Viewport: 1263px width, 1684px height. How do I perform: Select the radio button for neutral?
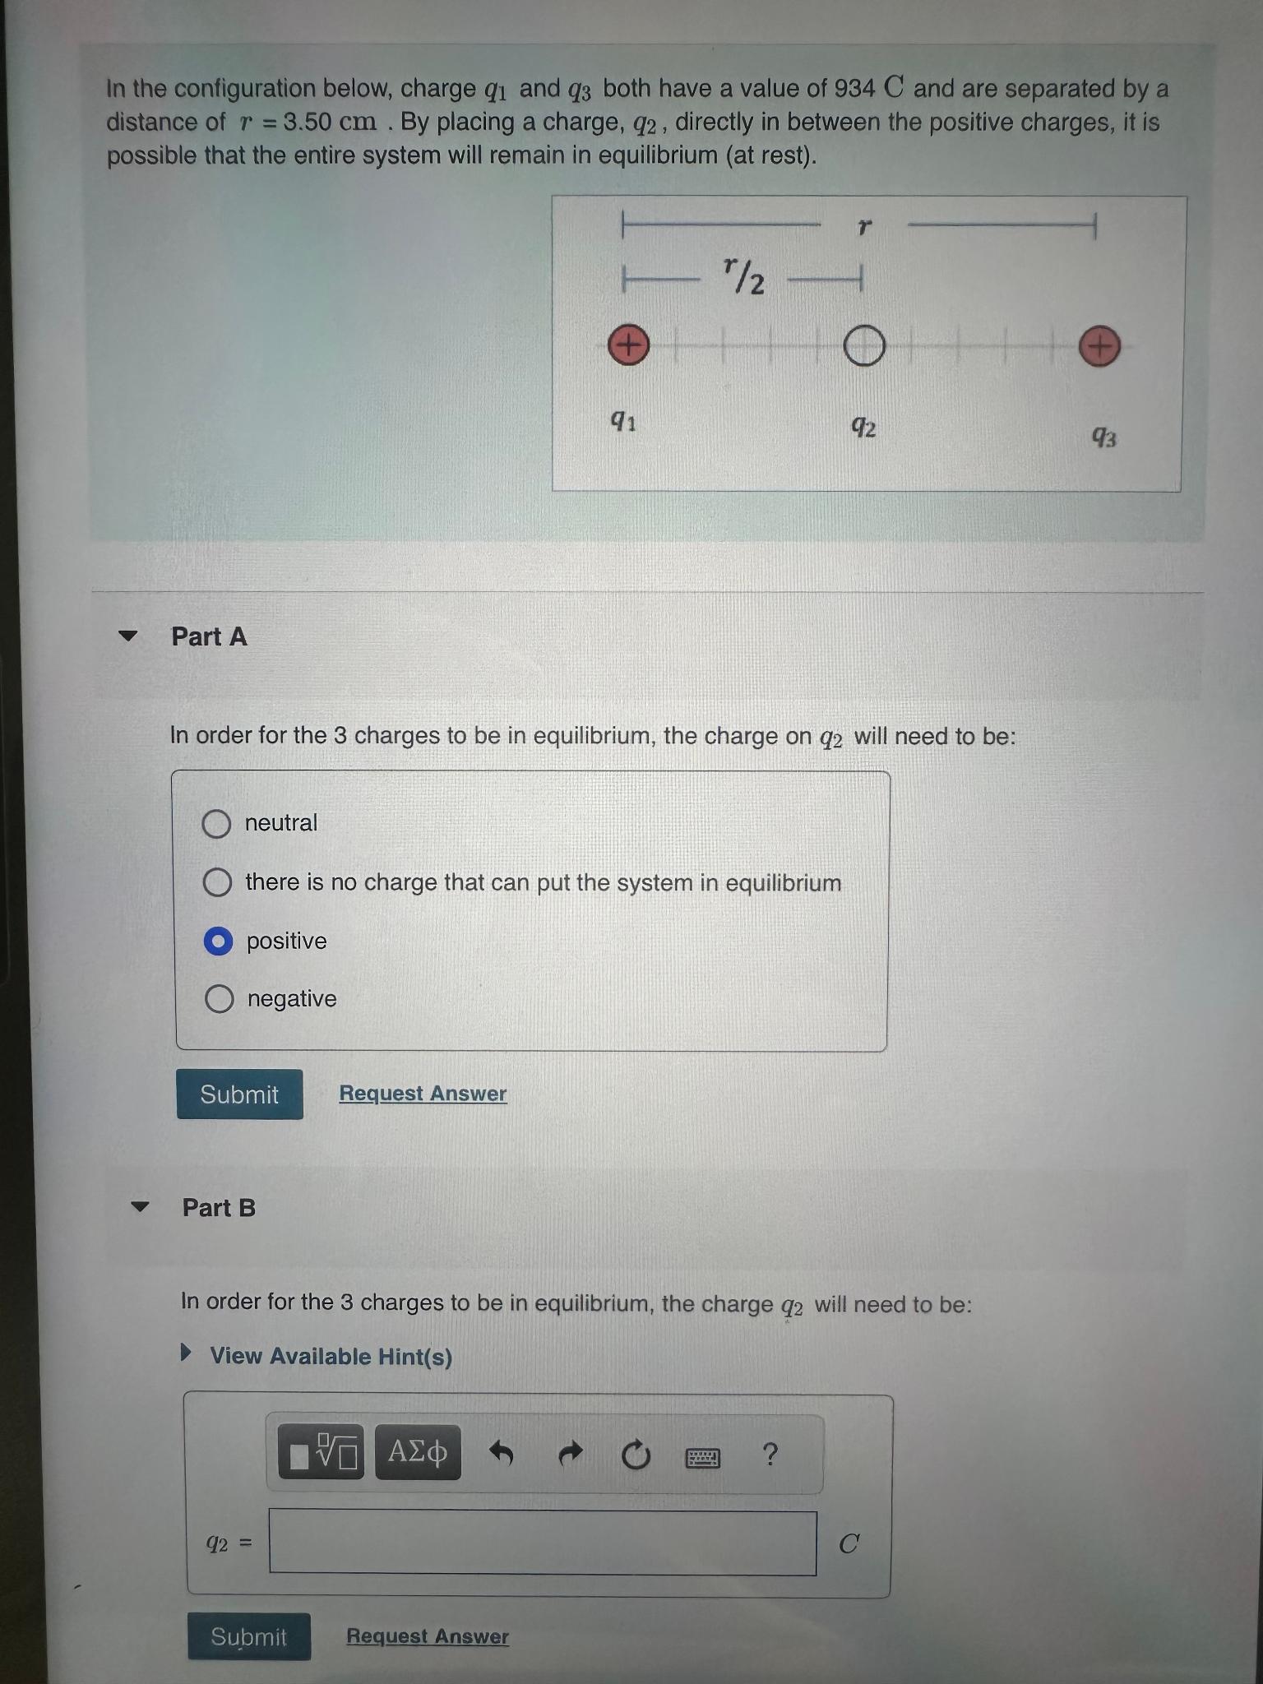[x=216, y=823]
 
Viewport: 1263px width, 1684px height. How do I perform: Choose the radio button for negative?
[x=219, y=999]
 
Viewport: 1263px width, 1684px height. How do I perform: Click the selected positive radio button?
[x=218, y=941]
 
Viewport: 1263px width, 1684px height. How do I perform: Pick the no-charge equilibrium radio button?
[x=217, y=882]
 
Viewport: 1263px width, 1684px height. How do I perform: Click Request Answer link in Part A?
[x=423, y=1094]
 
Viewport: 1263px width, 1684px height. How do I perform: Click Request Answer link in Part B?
[x=428, y=1636]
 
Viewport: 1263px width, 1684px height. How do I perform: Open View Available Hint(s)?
[x=331, y=1356]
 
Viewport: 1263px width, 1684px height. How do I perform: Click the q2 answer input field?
[x=543, y=1543]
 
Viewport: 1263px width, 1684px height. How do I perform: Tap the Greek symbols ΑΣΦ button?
[x=418, y=1453]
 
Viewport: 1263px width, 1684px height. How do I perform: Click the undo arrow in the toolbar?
[x=502, y=1455]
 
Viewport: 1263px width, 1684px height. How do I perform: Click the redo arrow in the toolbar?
[x=571, y=1455]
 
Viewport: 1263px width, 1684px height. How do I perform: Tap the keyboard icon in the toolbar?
[x=703, y=1458]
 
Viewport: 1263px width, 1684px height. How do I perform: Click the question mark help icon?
[x=770, y=1455]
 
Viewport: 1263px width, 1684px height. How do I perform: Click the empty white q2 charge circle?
[x=863, y=345]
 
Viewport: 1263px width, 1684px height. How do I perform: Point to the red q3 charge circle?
[x=1099, y=346]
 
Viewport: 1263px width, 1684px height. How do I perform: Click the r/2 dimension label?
[x=744, y=275]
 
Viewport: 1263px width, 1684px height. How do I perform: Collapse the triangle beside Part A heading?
[x=127, y=636]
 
